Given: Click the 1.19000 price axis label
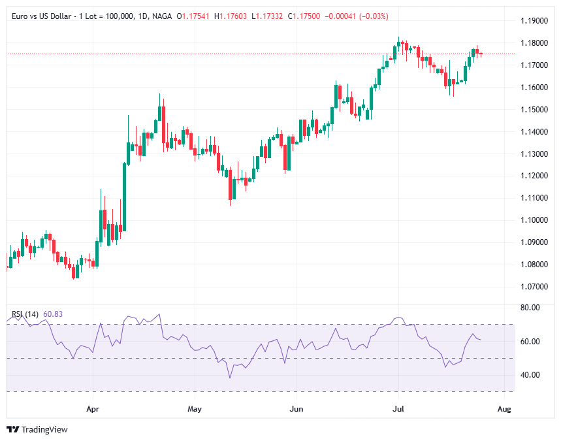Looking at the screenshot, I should (x=534, y=21).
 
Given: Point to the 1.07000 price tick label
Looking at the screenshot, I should (x=534, y=287).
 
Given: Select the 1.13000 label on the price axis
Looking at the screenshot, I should (x=534, y=154).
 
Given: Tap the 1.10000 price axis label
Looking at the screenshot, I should (x=534, y=220).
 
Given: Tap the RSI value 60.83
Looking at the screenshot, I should (x=54, y=314).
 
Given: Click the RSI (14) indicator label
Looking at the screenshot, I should (x=25, y=314).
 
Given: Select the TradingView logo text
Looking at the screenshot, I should (x=44, y=429).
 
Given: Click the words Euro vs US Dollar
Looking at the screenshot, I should (x=39, y=16).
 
